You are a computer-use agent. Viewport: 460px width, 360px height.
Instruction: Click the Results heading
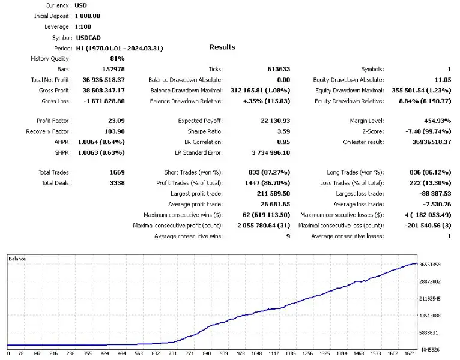point(222,47)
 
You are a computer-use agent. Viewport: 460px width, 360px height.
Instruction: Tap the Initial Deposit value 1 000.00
point(88,16)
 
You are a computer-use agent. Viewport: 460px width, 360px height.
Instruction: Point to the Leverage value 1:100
point(83,27)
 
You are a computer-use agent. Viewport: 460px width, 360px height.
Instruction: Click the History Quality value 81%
point(117,58)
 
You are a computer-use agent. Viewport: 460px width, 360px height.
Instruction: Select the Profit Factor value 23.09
point(115,121)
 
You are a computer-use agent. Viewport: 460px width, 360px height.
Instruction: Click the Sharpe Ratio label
point(205,131)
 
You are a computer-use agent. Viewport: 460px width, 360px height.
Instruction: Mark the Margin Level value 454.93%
point(434,121)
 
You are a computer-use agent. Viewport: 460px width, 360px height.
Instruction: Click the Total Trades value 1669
point(117,172)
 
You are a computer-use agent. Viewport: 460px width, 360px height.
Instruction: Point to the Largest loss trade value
point(434,194)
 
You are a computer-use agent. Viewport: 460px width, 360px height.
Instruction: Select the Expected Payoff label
point(200,121)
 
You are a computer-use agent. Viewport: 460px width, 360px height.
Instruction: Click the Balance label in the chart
point(17,259)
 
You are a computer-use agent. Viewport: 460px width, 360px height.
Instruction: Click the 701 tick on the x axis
point(173,354)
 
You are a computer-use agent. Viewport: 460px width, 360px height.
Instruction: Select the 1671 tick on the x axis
point(410,354)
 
